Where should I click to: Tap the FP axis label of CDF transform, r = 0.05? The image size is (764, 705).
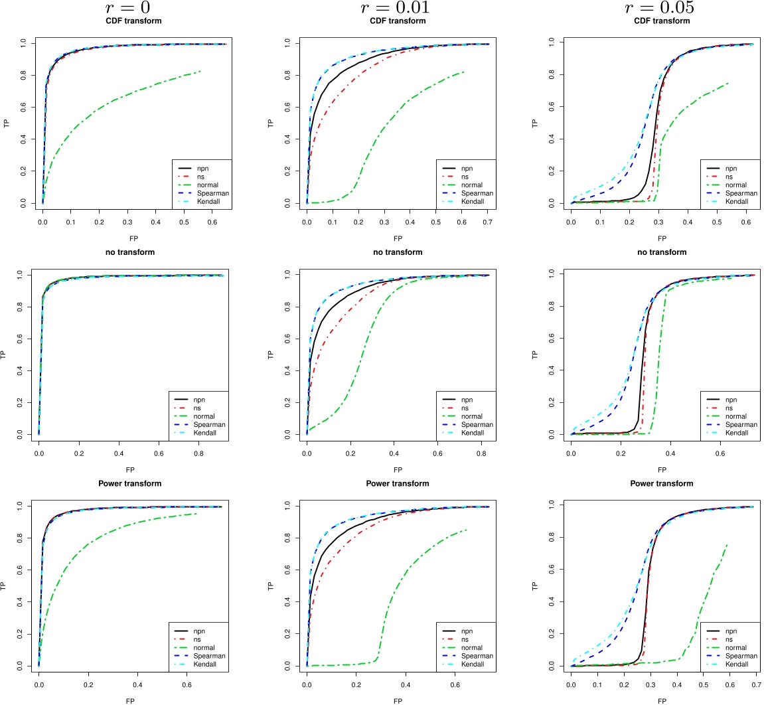[x=661, y=237]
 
